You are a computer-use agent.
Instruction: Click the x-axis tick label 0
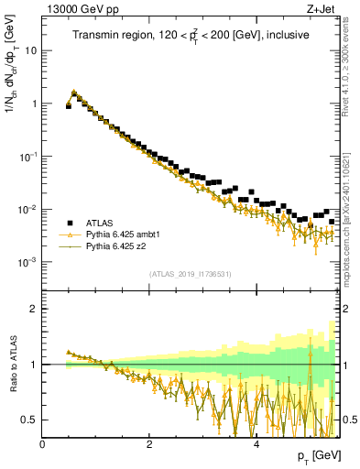pyautogui.click(x=43, y=444)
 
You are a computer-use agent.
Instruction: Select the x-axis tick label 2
pyautogui.click(x=149, y=444)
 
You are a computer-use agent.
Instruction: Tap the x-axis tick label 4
pyautogui.click(x=256, y=444)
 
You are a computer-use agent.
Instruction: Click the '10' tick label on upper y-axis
pyautogui.click(x=30, y=50)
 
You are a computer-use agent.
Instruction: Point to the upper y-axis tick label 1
pyautogui.click(x=34, y=104)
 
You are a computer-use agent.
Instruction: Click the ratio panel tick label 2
pyautogui.click(x=34, y=309)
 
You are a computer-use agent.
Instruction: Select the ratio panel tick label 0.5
pyautogui.click(x=29, y=420)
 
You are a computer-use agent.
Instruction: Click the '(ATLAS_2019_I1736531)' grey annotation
pyautogui.click(x=191, y=274)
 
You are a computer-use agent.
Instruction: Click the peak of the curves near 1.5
pyautogui.click(x=74, y=92)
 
